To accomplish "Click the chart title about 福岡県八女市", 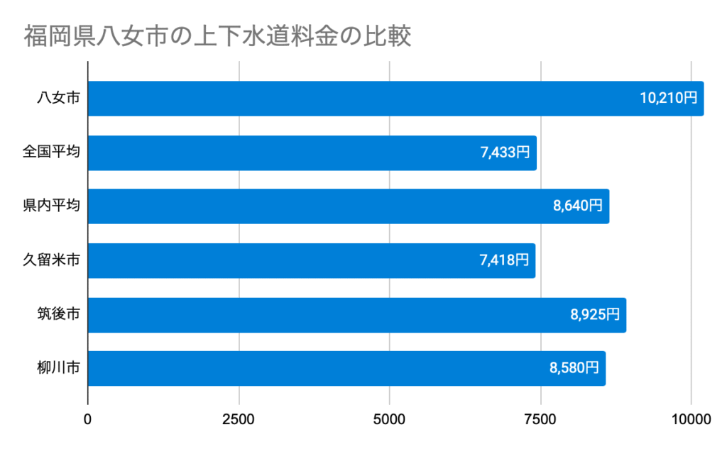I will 217,35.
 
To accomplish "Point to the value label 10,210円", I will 668,99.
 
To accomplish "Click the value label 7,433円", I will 505,153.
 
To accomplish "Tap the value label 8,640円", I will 577,206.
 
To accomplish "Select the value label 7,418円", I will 504,260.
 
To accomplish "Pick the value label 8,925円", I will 594,314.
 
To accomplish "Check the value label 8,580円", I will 574,368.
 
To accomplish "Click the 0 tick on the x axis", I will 88,419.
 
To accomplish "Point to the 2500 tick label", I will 239,419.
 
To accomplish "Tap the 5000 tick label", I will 390,419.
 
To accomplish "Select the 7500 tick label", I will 541,419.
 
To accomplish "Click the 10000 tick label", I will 692,419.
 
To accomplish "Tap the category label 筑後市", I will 58,314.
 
